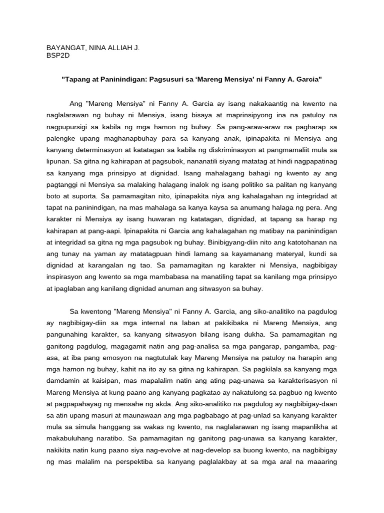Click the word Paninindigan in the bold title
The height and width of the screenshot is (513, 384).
point(121,80)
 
